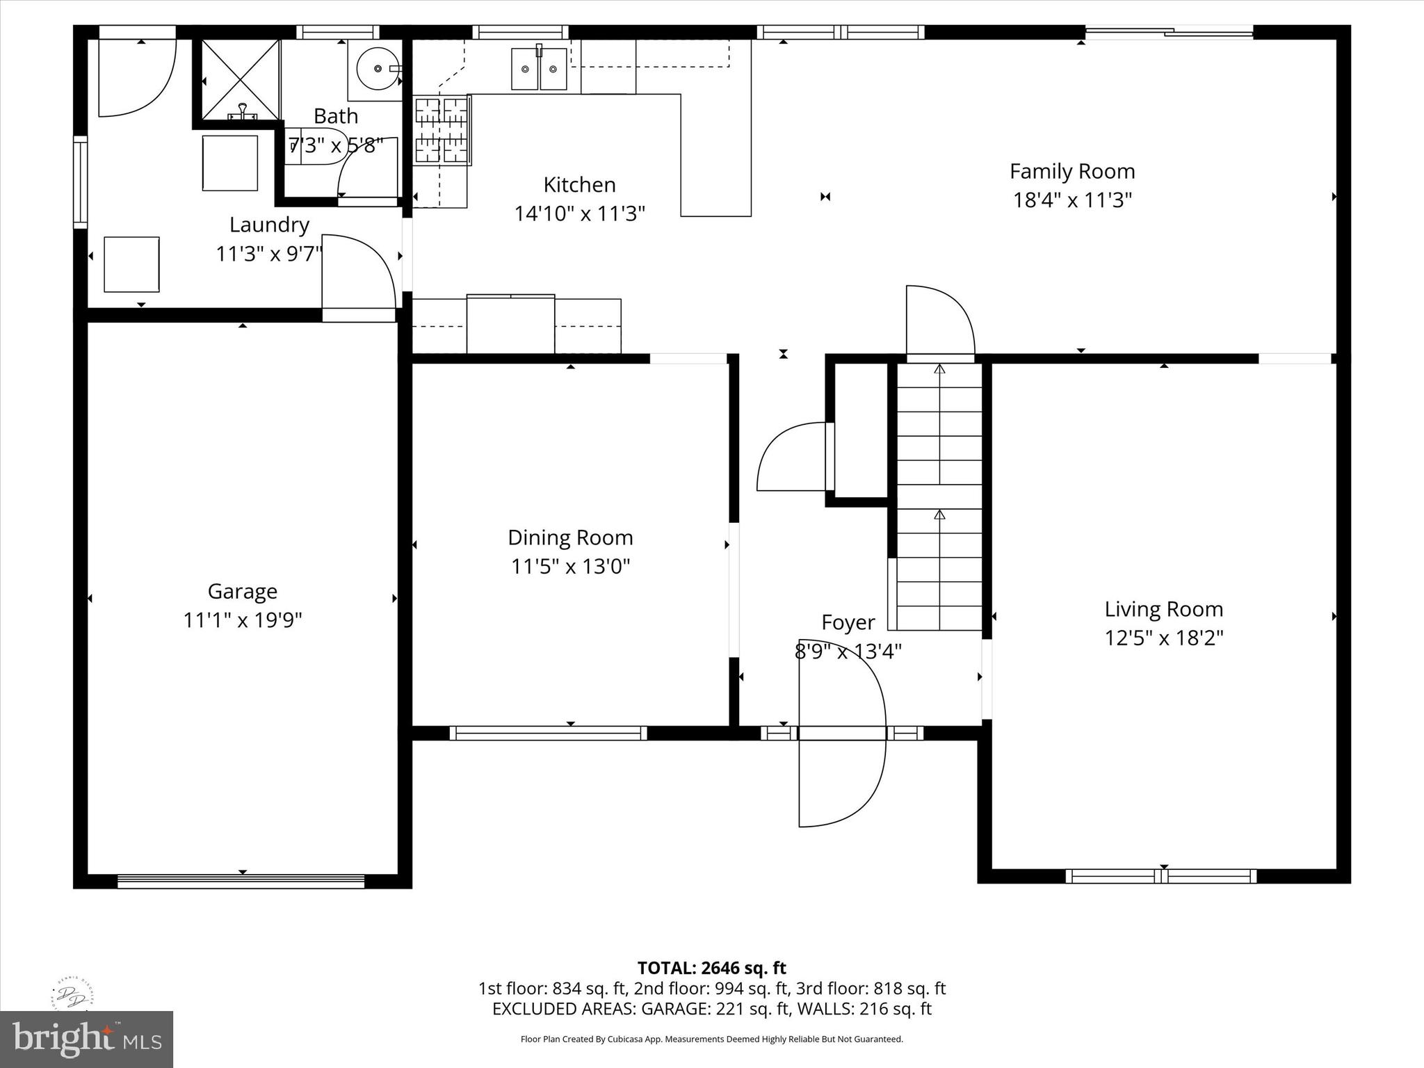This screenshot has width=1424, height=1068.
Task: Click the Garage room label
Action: point(242,591)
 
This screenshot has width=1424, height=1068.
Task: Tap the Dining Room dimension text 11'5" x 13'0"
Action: point(570,567)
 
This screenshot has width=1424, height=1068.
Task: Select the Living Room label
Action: point(1163,609)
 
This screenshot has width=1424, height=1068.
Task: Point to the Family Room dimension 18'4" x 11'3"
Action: point(1072,200)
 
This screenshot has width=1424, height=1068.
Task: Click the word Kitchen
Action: point(579,185)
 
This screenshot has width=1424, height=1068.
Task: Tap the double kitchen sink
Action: point(539,68)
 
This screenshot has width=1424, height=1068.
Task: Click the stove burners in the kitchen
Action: point(442,131)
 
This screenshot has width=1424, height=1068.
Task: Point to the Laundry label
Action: point(269,225)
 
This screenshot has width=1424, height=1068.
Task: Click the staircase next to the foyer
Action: point(939,497)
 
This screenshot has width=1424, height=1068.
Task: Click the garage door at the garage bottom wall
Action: point(241,881)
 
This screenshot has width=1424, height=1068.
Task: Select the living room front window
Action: point(1160,876)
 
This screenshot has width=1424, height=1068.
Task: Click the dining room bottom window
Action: point(548,733)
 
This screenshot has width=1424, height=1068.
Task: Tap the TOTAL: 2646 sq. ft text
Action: point(711,968)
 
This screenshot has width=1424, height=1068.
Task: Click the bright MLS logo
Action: point(86,1039)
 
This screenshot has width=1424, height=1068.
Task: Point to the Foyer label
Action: point(848,622)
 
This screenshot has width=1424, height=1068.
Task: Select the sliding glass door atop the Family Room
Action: point(1170,31)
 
